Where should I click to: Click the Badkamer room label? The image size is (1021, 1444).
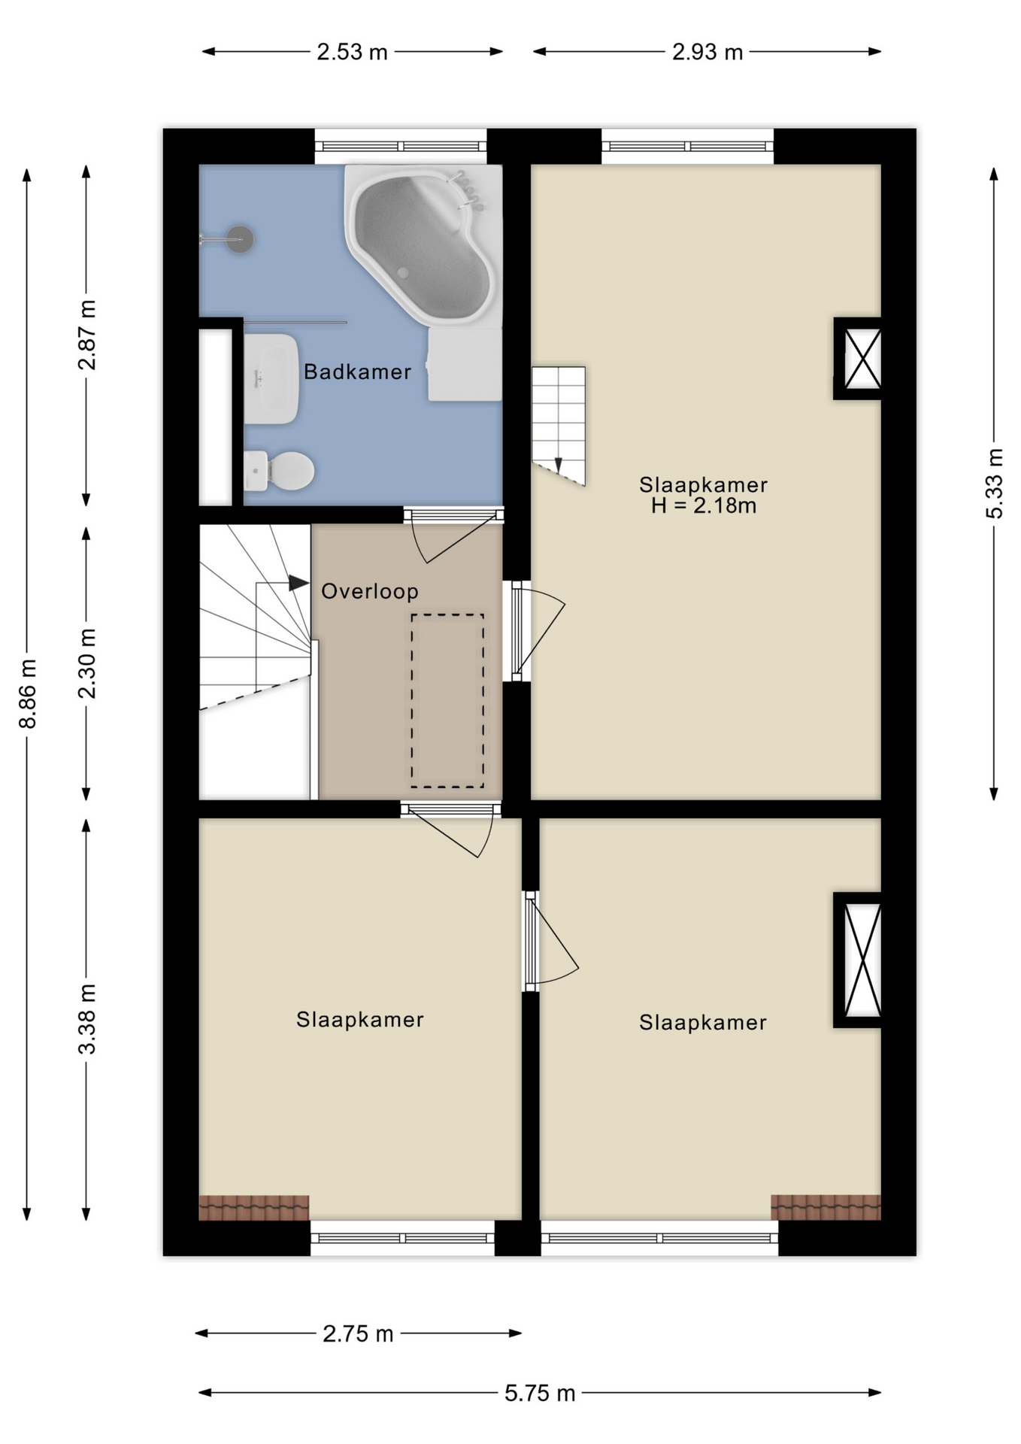[x=357, y=372]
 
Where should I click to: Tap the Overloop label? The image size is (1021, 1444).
[x=370, y=591]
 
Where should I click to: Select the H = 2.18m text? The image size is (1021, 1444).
[x=704, y=505]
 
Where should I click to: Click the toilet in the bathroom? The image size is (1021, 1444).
[x=278, y=471]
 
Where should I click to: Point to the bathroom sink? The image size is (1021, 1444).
[x=271, y=378]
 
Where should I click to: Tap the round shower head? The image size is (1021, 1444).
[x=240, y=239]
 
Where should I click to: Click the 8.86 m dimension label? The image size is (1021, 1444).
[x=28, y=693]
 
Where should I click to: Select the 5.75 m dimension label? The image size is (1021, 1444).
[x=540, y=1393]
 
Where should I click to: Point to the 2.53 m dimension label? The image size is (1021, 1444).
[x=352, y=52]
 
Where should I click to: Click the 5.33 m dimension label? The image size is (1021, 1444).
[x=994, y=483]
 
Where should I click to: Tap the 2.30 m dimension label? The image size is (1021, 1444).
[x=87, y=663]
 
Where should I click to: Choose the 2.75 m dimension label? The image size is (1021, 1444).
[x=358, y=1333]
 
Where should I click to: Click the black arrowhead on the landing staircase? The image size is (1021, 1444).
[x=298, y=583]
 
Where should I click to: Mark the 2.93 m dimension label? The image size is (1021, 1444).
[x=707, y=52]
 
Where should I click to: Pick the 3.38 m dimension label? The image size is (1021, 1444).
[x=87, y=1018]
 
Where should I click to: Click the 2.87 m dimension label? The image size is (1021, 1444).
[x=87, y=335]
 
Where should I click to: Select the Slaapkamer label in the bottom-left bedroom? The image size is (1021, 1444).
[x=360, y=1019]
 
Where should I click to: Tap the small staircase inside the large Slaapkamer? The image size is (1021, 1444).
[x=558, y=425]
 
